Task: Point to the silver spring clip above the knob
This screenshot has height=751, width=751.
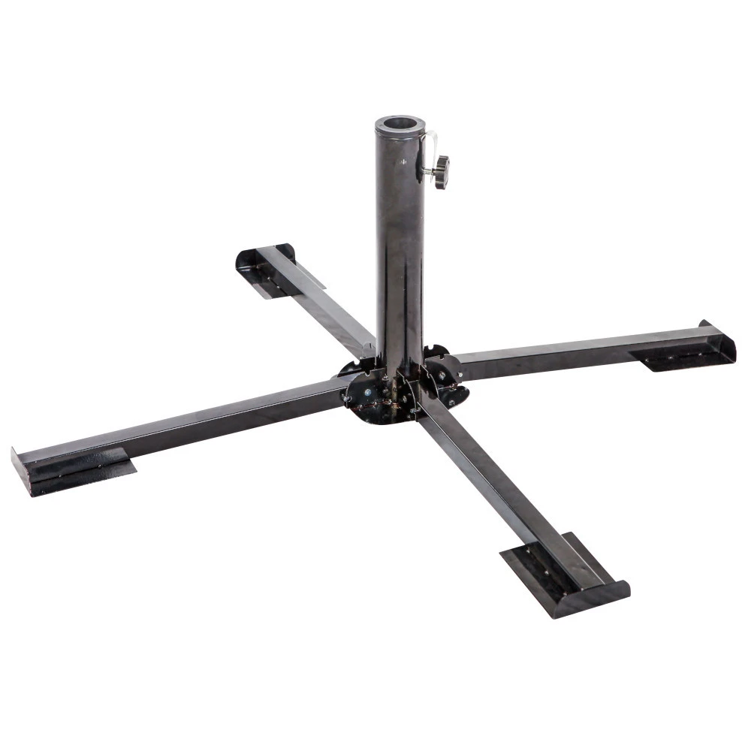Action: (430, 143)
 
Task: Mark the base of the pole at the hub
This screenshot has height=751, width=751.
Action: (398, 368)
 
